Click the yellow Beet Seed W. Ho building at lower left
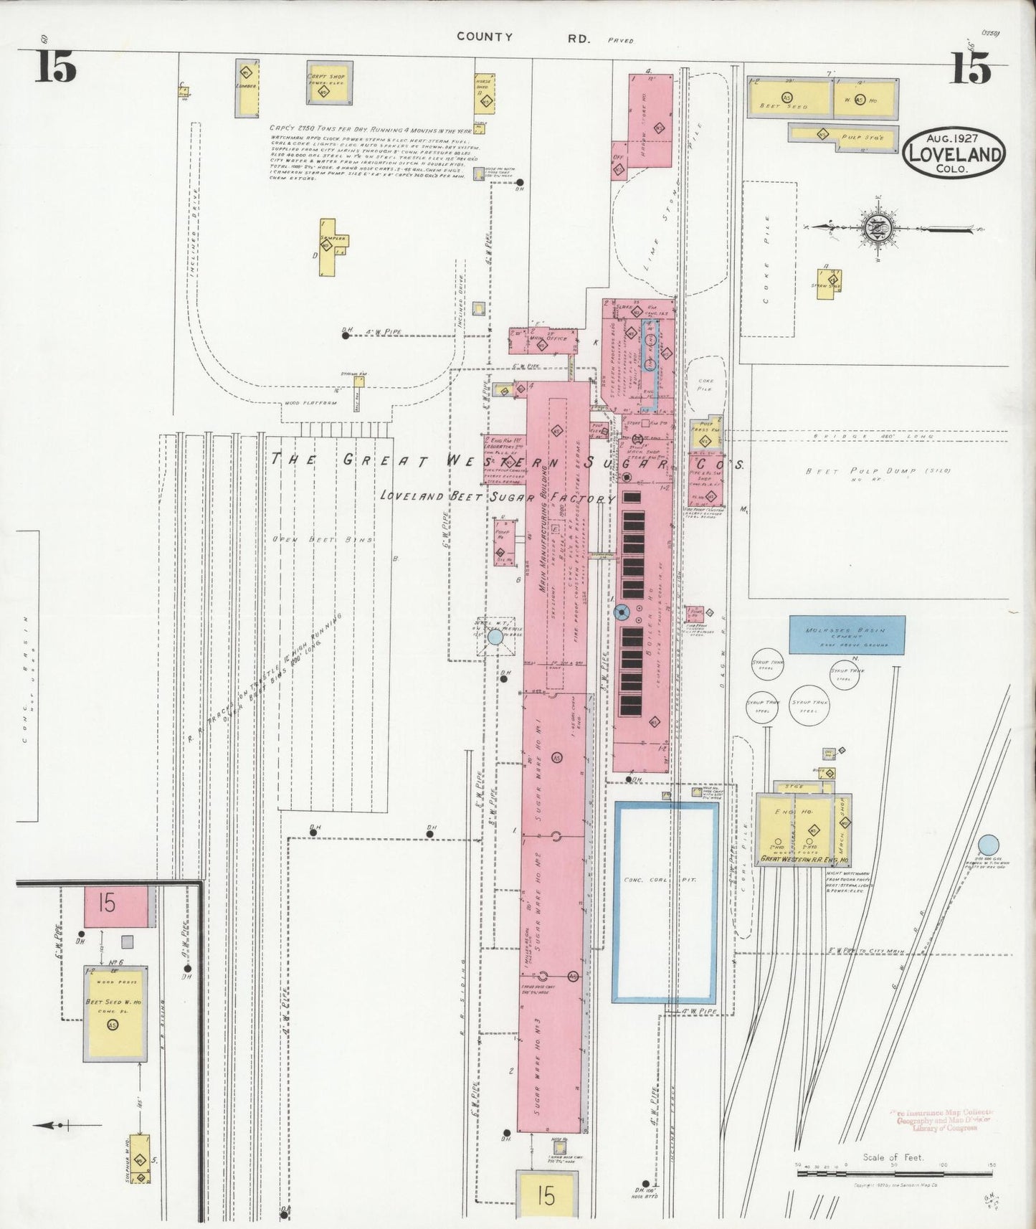pyautogui.click(x=115, y=1013)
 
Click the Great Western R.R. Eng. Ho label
pyautogui.click(x=804, y=859)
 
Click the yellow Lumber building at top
pyautogui.click(x=247, y=87)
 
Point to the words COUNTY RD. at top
pyautogui.click(x=524, y=37)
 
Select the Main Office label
pyautogui.click(x=553, y=338)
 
